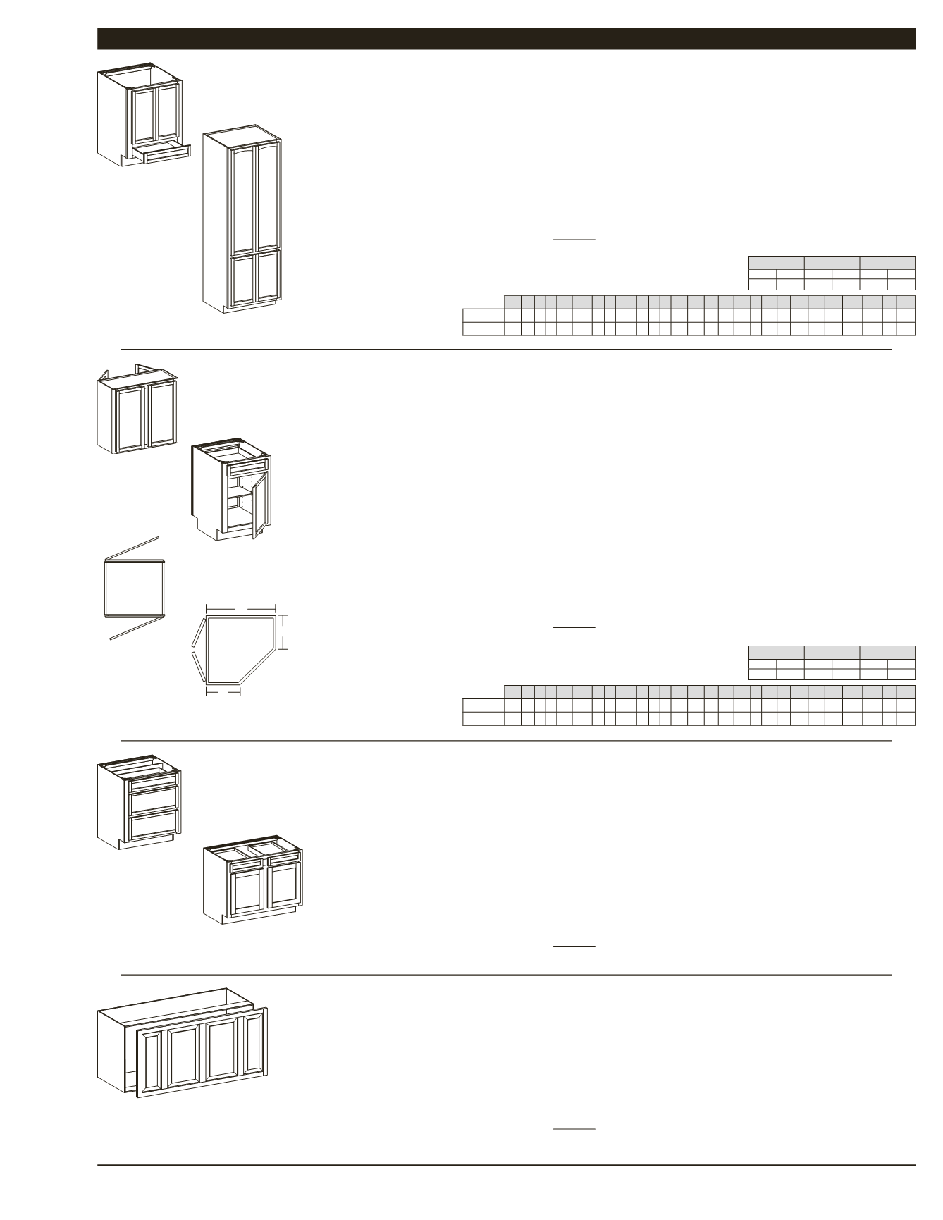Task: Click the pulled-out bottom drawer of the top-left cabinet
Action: click(167, 154)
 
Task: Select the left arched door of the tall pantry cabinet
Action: click(242, 197)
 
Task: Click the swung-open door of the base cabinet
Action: click(261, 505)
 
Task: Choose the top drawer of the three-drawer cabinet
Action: click(152, 780)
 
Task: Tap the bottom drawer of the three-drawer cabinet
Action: click(152, 825)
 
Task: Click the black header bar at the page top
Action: click(506, 39)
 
